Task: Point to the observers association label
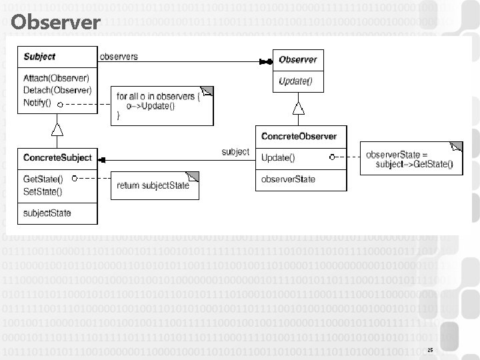(119, 56)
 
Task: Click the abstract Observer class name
(297, 59)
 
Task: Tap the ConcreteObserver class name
(299, 137)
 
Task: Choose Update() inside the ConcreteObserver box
(279, 158)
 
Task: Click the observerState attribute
(288, 179)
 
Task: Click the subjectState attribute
(47, 213)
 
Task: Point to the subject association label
(235, 151)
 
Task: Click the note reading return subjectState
(154, 185)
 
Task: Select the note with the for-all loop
(163, 105)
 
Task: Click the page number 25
(430, 349)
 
